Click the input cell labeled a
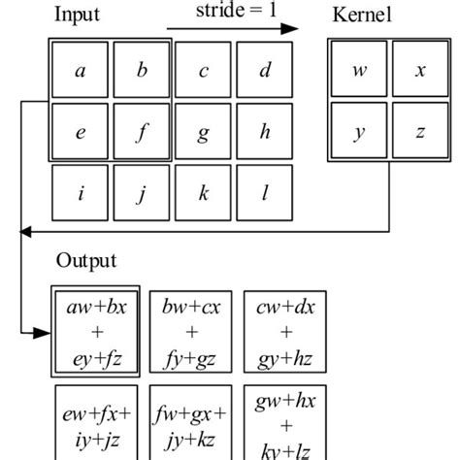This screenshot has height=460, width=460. (x=80, y=71)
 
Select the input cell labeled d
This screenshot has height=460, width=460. (x=265, y=71)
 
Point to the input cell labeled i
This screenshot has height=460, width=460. (x=80, y=193)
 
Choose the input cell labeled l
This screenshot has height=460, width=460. (x=265, y=193)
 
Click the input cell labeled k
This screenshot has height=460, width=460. (x=203, y=193)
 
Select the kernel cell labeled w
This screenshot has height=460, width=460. (x=359, y=71)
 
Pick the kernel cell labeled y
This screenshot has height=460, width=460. (x=359, y=132)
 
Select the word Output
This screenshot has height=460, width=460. (x=85, y=261)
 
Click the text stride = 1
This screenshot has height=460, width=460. (x=228, y=12)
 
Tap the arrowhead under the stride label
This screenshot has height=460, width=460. (x=291, y=29)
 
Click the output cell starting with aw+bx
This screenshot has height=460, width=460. (x=96, y=331)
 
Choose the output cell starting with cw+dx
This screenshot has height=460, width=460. (x=283, y=331)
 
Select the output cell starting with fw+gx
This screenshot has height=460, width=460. (x=190, y=424)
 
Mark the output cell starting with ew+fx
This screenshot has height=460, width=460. (x=96, y=424)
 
